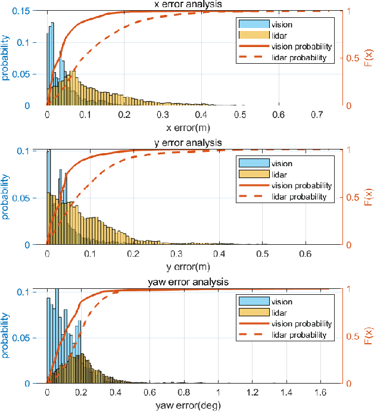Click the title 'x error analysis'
[194, 5]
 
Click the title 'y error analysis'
[194, 143]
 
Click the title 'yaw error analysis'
[194, 282]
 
